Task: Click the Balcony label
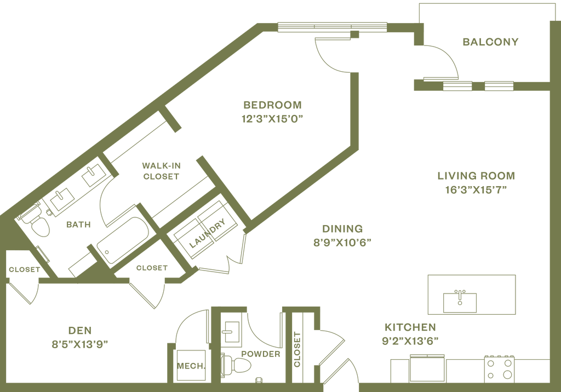490,42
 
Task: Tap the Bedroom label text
273,104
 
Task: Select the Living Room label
476,176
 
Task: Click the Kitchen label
410,327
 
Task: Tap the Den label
80,331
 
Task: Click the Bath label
78,224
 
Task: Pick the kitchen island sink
460,300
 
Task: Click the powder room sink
231,330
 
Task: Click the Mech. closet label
191,366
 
